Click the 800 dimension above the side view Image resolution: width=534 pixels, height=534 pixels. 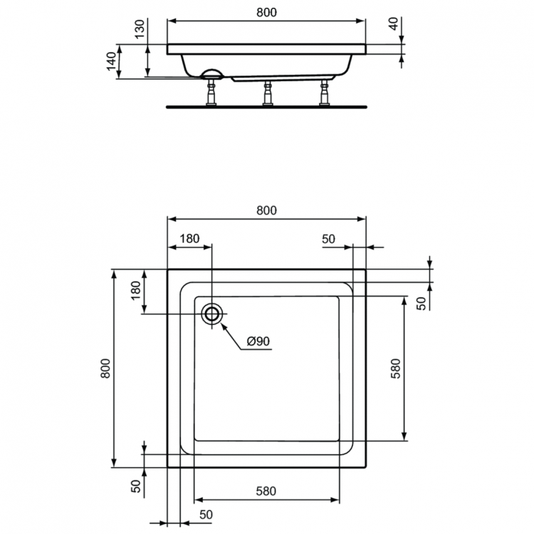[x=266, y=12]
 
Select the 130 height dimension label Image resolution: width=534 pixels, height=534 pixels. [x=140, y=29]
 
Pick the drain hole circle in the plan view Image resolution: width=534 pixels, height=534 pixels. [x=211, y=314]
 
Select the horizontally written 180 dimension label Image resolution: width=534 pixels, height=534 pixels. [x=189, y=239]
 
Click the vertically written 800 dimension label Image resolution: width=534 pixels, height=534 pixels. [x=105, y=369]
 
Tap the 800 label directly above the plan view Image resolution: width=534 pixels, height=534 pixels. [x=266, y=209]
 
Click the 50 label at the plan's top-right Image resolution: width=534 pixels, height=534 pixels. [x=328, y=239]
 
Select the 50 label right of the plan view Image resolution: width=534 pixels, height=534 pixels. [x=422, y=303]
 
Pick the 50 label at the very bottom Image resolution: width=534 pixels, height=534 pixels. [x=206, y=514]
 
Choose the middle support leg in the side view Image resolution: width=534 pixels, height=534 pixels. [x=268, y=93]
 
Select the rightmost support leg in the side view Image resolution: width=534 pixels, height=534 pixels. [x=325, y=93]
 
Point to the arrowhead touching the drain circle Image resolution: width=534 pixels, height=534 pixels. [x=222, y=325]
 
